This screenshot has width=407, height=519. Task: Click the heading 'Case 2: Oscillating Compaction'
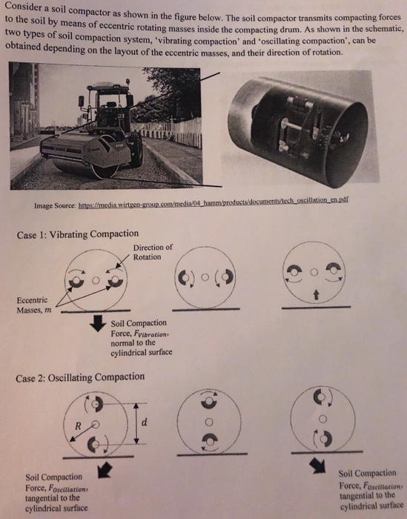[80, 377]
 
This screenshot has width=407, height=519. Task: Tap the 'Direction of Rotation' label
[153, 252]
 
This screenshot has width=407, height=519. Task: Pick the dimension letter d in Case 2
[148, 422]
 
